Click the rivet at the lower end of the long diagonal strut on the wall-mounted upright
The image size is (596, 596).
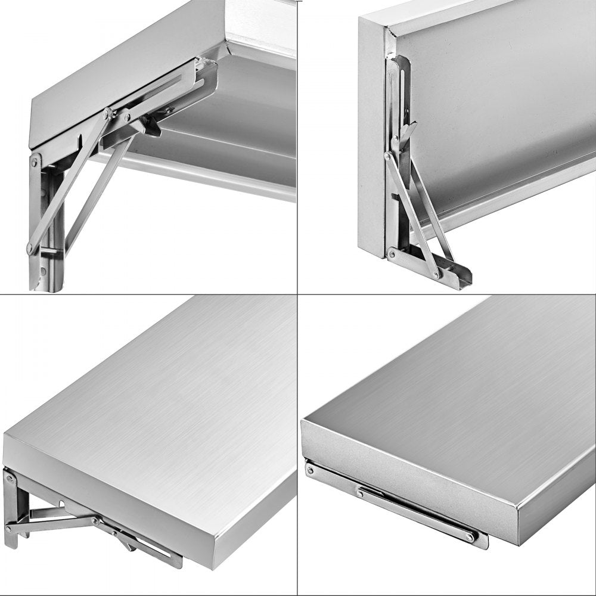point(30,249)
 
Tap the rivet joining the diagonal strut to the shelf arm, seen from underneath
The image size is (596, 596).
point(107,113)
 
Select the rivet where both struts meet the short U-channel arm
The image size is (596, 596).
point(437,274)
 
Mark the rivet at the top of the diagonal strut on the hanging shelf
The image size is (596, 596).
point(389,157)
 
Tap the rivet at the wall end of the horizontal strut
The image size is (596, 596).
point(10,527)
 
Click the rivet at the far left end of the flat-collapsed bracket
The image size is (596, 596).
point(310,471)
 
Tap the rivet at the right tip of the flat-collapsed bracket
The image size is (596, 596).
point(470,538)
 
